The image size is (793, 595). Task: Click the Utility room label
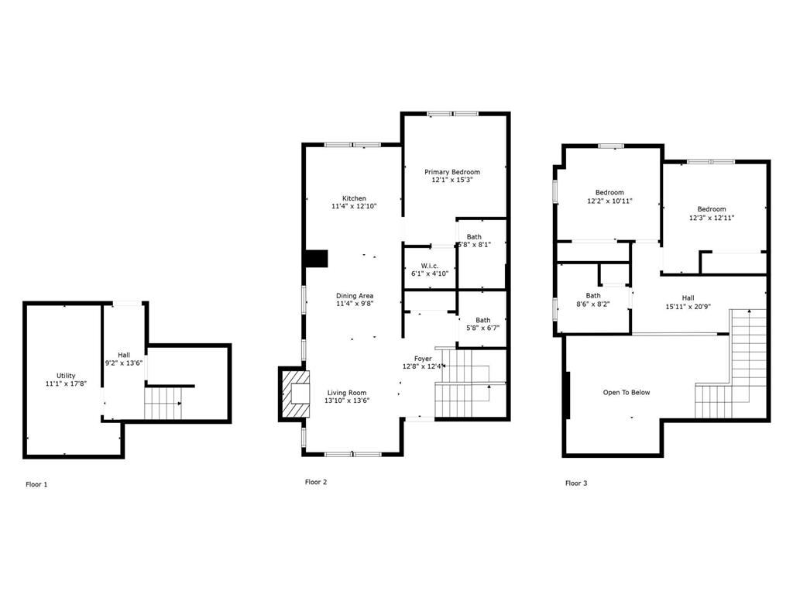point(66,376)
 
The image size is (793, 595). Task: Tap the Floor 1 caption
point(36,484)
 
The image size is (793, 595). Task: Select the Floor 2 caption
point(316,482)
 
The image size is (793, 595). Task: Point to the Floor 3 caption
point(576,483)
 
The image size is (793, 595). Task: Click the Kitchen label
point(354,198)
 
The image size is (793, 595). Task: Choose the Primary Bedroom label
point(452,172)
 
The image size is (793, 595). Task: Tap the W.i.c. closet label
point(430,266)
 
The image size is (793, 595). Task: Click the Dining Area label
point(355,296)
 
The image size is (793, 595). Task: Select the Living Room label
point(346,393)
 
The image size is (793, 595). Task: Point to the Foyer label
point(423,359)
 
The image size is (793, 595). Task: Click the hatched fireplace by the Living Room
point(294,394)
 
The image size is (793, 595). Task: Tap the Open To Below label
point(627,393)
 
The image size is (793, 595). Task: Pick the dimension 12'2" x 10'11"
point(609,201)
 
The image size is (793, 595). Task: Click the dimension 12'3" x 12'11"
point(712,218)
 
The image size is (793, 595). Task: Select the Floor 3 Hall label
point(688,297)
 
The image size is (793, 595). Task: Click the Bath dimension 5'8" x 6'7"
point(482,328)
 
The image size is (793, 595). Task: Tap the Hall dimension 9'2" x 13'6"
point(124,363)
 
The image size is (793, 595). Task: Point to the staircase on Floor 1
point(163,403)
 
